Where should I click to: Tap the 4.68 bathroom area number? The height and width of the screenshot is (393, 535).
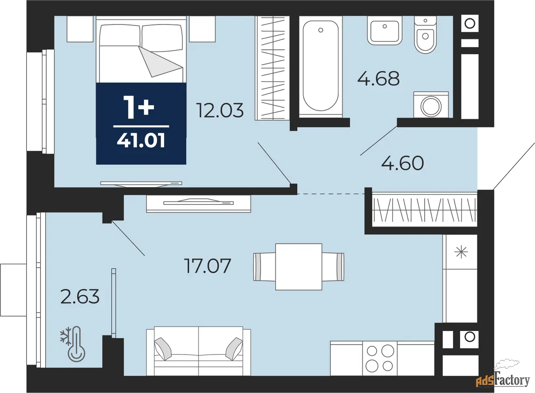[x=379, y=79]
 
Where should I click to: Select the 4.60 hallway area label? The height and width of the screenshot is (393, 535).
[x=403, y=163]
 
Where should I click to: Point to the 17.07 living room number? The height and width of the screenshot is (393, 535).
[x=208, y=265]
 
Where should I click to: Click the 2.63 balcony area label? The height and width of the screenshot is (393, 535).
[x=80, y=296]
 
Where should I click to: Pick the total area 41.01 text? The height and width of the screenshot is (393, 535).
[x=141, y=141]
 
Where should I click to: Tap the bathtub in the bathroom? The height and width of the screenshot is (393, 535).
[x=321, y=66]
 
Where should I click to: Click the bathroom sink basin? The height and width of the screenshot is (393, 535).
[x=384, y=31]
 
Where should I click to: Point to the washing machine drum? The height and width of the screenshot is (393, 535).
[x=431, y=106]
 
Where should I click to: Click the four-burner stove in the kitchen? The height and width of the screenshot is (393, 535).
[x=380, y=359]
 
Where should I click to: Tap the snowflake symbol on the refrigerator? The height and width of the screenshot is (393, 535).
[x=461, y=252]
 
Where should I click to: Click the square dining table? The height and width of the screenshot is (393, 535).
[x=298, y=267]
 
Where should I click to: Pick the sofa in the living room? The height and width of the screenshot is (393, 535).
[x=199, y=351]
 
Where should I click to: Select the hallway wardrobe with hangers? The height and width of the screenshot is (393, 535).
[x=425, y=210]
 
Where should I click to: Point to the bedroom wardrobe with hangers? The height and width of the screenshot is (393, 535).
[x=272, y=68]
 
